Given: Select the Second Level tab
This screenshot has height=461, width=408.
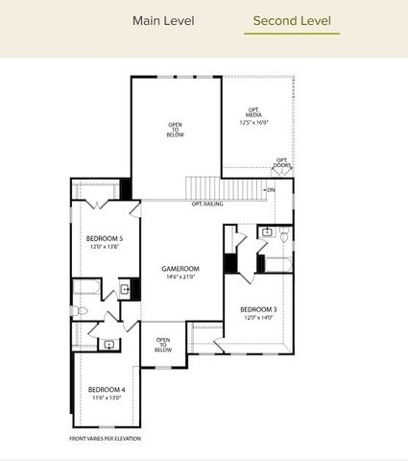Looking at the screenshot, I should coord(292,20).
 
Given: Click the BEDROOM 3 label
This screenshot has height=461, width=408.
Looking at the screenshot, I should coord(259,309).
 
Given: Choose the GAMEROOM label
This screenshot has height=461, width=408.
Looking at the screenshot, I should coord(180,268).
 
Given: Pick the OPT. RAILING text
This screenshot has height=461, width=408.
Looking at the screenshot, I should coord(208,204).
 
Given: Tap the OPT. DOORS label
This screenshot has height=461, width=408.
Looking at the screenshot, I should coord(283,162).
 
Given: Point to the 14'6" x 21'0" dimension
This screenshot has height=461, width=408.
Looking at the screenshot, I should coord(180,277).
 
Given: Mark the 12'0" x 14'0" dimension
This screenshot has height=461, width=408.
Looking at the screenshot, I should coord(259,318).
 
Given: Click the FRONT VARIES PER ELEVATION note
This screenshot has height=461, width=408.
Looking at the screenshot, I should coord(105,438).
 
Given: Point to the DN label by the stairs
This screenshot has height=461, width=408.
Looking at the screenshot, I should coord(271,190).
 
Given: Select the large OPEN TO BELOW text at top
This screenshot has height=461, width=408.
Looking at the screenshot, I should coord(176,131).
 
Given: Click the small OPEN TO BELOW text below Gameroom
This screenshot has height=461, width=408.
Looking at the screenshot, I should coord(163,344).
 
